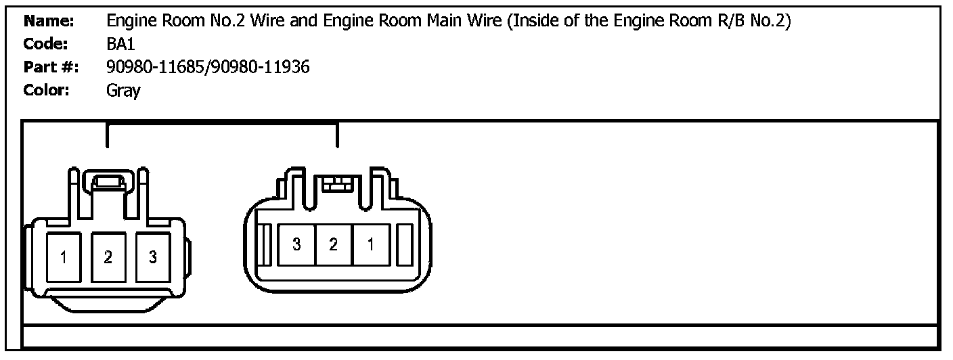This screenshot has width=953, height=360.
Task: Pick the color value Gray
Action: pos(123,91)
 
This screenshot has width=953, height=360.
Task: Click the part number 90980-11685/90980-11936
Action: pos(208,67)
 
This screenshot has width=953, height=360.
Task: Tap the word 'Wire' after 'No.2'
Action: pos(270,21)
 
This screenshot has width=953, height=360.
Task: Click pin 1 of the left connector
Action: pos(63,257)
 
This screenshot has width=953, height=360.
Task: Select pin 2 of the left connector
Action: pos(108,257)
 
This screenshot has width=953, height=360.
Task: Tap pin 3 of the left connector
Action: pos(153,257)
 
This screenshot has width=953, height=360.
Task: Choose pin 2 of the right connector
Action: pos(334,245)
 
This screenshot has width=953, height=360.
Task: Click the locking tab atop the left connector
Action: pos(108,181)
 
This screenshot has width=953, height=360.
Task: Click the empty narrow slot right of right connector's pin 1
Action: pos(405,245)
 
